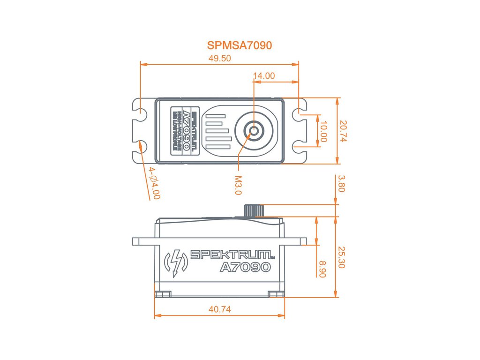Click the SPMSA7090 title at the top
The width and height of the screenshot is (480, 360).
[240, 45]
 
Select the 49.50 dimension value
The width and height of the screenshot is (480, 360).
[219, 58]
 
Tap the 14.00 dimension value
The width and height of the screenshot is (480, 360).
[264, 75]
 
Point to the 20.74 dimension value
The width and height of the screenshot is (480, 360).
[344, 131]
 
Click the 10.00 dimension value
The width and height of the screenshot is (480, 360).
[323, 131]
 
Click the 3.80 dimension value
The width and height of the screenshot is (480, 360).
[341, 184]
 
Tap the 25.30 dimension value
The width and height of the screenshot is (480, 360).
[341, 257]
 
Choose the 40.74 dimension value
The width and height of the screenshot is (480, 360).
[219, 309]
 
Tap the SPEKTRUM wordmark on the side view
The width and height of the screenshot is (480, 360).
[232, 255]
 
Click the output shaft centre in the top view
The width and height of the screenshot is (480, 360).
[254, 131]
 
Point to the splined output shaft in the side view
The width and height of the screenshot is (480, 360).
[253, 210]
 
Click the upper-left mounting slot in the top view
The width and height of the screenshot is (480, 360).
[139, 112]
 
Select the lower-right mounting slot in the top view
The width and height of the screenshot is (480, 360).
[299, 148]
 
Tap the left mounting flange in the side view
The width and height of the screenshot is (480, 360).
[143, 241]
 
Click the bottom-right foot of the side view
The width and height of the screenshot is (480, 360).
[276, 293]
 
